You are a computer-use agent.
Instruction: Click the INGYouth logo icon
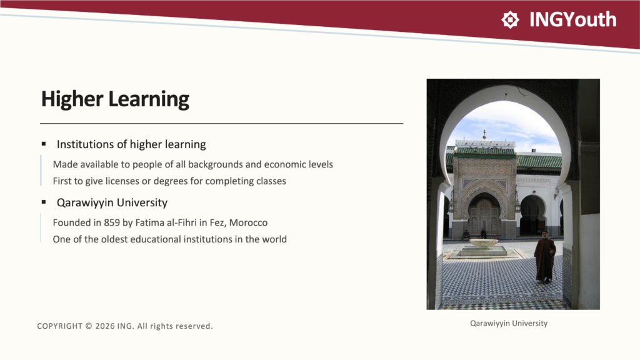[510, 19]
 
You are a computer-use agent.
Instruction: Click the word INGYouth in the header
[572, 19]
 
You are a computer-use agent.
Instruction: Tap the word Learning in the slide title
[149, 99]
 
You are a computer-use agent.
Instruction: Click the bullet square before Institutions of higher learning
[44, 144]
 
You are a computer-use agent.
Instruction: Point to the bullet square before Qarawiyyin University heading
[44, 202]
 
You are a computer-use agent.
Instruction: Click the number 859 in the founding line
[112, 222]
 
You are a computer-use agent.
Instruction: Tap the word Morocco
[248, 222]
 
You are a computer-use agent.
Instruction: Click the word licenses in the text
[122, 181]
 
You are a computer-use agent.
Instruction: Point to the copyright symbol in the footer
[89, 326]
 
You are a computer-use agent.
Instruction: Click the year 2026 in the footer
[105, 326]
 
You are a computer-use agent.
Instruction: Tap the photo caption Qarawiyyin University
[509, 323]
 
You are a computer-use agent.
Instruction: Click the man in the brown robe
[544, 257]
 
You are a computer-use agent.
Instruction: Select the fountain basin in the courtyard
[484, 243]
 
